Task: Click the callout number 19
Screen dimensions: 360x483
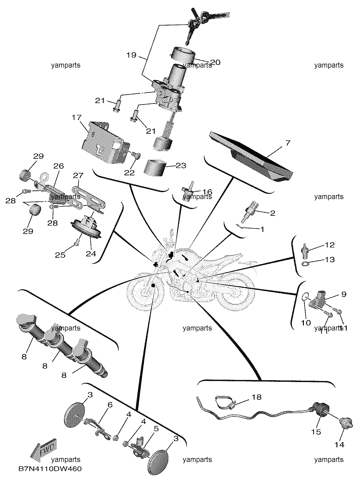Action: [131, 55]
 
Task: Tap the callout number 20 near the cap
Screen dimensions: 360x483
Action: [215, 62]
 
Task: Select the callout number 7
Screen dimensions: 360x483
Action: [288, 143]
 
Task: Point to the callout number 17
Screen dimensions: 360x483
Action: [77, 117]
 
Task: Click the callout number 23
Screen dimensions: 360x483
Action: [181, 166]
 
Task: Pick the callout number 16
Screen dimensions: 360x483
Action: [207, 192]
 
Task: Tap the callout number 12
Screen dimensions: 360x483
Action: [329, 245]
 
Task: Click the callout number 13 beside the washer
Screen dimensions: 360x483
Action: [329, 260]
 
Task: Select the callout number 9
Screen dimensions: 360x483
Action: [344, 294]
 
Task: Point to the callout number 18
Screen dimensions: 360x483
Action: [257, 397]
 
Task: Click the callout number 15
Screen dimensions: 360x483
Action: [316, 432]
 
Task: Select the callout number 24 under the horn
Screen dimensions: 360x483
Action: [91, 254]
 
